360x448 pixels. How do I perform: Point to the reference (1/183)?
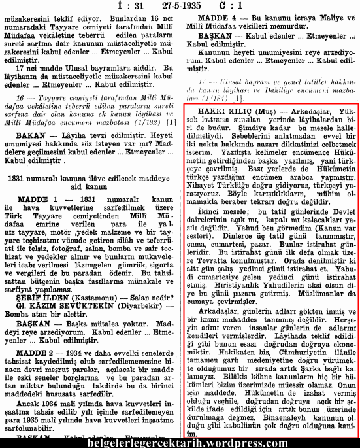[219, 97]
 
